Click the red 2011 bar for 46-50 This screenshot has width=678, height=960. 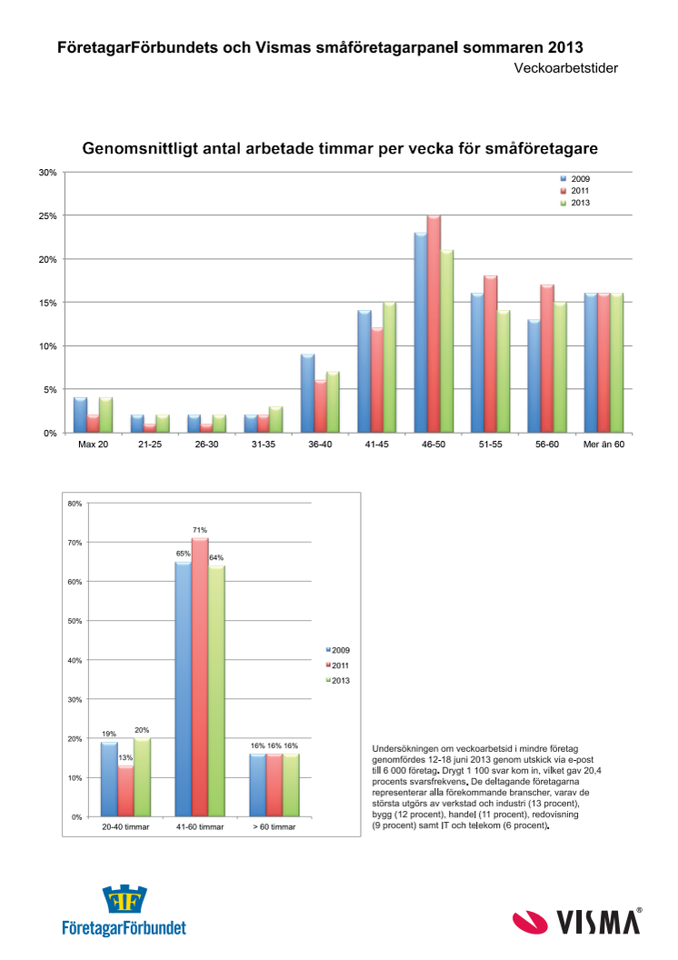[434, 324]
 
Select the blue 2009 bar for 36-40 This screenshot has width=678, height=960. [308, 394]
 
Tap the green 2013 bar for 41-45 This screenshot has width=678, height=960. [390, 367]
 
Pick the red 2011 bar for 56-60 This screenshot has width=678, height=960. [547, 359]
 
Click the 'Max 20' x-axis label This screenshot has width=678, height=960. [93, 445]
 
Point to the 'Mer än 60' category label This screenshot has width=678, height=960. [604, 445]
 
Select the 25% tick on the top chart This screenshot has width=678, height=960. [48, 216]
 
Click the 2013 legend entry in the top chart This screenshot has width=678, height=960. [574, 203]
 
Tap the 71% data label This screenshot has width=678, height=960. [200, 530]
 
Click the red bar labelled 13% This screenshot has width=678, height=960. [125, 791]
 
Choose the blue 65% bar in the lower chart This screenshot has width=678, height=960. [183, 689]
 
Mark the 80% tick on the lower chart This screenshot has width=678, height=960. [75, 504]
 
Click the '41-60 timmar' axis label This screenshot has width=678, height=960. [200, 826]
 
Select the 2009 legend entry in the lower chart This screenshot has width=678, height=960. [338, 650]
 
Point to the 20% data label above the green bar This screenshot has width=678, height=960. [142, 730]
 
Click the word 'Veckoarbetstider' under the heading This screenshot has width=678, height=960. [566, 68]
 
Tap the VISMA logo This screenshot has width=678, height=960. [578, 922]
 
